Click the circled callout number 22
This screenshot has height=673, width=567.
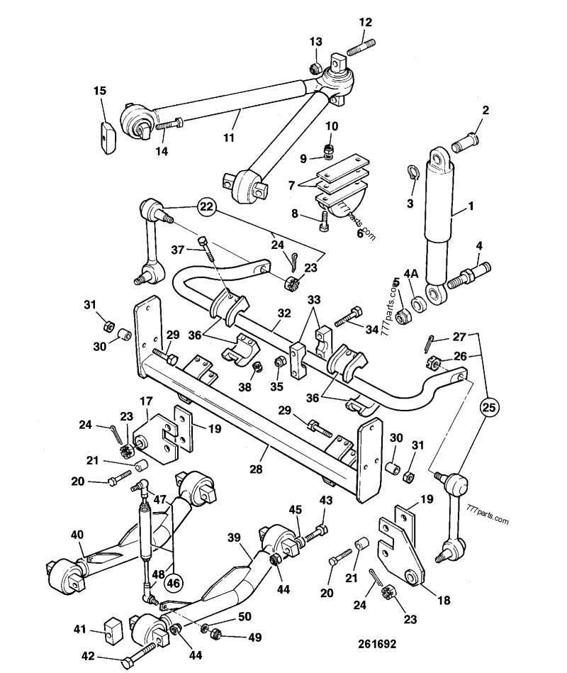(206, 207)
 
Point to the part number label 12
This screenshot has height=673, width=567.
(365, 23)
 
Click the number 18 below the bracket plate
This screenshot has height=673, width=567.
(444, 600)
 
